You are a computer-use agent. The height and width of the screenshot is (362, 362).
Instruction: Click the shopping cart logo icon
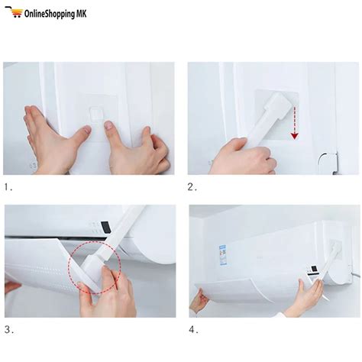(x=14, y=11)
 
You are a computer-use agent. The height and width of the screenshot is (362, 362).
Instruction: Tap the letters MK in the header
(x=82, y=13)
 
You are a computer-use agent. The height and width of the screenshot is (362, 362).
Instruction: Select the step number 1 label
(x=8, y=187)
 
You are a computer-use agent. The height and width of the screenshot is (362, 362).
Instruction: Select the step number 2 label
(x=192, y=187)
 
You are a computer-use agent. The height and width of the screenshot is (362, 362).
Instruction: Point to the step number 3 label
(x=9, y=330)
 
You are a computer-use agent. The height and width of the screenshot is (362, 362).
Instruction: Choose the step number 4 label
(x=193, y=330)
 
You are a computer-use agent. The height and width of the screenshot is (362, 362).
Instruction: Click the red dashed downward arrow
(x=295, y=123)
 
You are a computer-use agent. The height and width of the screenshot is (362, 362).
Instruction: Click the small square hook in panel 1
(x=96, y=114)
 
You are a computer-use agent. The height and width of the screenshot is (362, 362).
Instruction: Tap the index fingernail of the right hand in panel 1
(x=108, y=124)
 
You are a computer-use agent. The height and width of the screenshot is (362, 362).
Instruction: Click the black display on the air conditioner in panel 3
(x=106, y=228)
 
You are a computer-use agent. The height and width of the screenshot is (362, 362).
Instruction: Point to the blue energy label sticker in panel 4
(x=223, y=255)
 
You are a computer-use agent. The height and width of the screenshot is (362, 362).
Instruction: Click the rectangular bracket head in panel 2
(x=277, y=106)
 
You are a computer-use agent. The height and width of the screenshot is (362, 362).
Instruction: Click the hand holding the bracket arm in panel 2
(x=242, y=157)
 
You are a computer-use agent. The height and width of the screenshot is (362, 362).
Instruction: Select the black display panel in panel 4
(x=314, y=270)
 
